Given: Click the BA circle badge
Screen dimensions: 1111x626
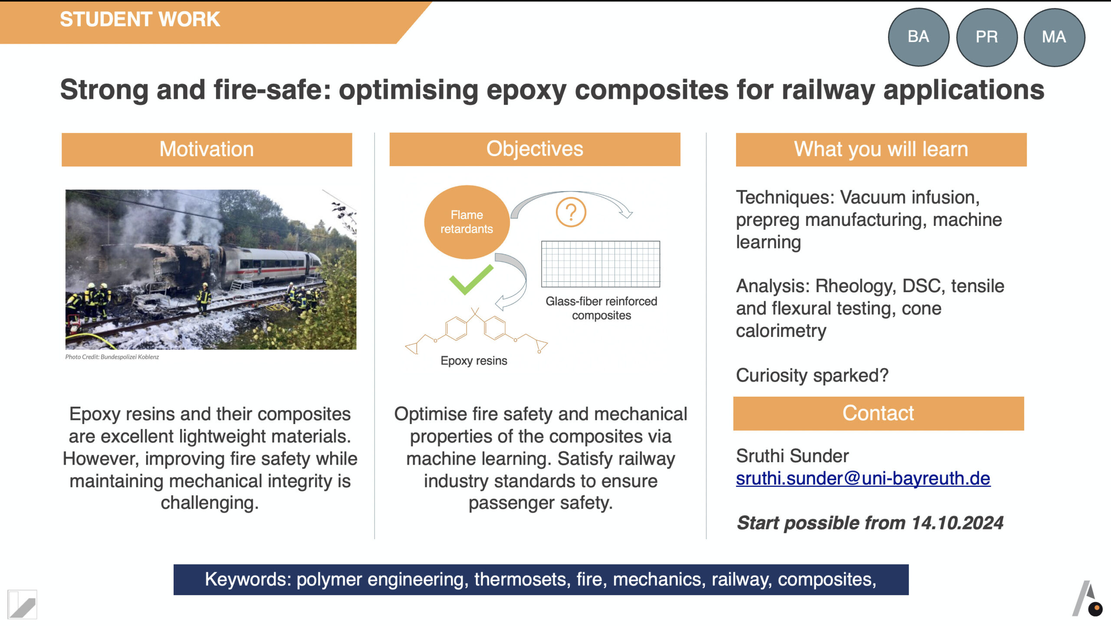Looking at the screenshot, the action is click(x=918, y=37).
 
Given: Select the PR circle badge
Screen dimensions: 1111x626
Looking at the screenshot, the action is click(x=986, y=37).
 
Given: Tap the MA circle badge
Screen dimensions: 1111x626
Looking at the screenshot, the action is click(x=1054, y=37).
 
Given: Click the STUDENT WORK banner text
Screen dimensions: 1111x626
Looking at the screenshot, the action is click(x=140, y=20).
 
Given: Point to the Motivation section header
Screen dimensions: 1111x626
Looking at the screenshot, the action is click(x=207, y=149).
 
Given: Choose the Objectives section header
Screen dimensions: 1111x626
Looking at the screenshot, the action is click(x=535, y=149).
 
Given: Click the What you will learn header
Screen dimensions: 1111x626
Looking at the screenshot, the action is click(x=881, y=149).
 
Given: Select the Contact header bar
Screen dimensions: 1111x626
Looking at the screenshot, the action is click(x=878, y=413).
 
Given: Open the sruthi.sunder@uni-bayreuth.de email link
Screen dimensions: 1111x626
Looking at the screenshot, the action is click(x=863, y=478).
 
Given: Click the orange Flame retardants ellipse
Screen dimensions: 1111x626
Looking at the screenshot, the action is click(x=467, y=222).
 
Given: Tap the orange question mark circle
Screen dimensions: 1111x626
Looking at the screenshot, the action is click(x=571, y=212).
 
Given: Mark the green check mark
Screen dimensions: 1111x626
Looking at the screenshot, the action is click(x=471, y=280).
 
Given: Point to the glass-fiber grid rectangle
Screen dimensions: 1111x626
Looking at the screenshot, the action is click(x=601, y=264).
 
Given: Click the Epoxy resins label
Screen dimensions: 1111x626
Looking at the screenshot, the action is click(x=473, y=361).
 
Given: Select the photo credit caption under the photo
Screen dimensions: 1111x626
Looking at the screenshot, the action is click(x=112, y=357).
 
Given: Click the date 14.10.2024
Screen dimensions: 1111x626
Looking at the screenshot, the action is click(x=957, y=523).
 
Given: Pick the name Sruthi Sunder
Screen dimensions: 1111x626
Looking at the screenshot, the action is click(x=792, y=456).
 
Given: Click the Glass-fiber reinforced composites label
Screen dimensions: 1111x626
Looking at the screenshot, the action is click(x=601, y=308).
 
